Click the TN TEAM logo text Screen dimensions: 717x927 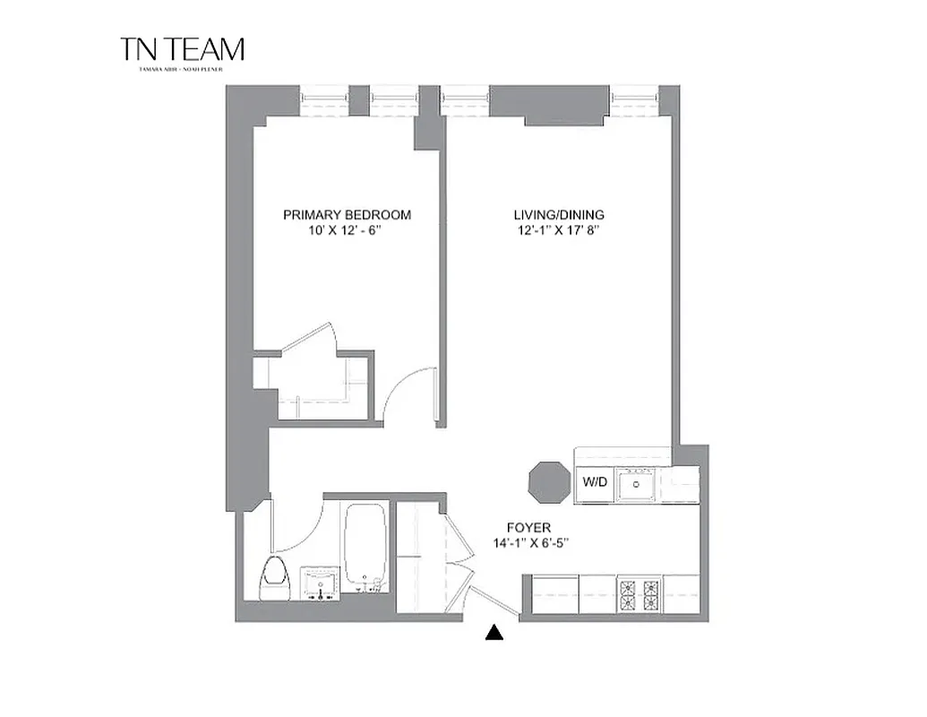coord(182,49)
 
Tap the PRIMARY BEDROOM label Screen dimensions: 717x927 coord(347,215)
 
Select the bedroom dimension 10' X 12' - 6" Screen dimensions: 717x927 coord(347,231)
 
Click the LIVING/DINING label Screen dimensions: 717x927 coord(558,215)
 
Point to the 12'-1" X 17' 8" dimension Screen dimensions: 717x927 coord(558,231)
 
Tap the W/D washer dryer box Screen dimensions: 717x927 coord(595,482)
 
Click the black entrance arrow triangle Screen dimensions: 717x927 coord(493,634)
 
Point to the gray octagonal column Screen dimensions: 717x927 coord(547,484)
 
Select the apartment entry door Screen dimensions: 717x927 coord(494,601)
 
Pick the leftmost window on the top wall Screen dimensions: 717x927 coord(323,99)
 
